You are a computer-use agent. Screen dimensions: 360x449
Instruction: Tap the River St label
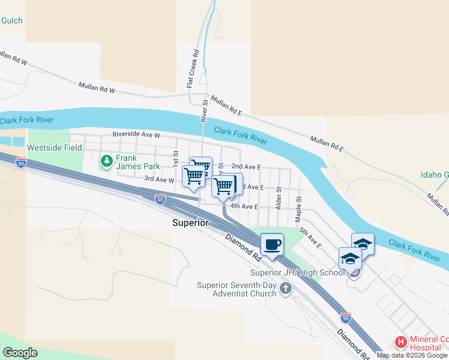pos(204,111)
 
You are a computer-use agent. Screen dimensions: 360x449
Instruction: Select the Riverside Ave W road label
pos(136,135)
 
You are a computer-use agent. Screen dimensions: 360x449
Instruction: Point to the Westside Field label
pos(55,148)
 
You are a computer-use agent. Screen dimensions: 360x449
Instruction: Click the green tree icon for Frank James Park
pos(107,160)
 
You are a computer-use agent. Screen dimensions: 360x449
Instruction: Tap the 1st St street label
pos(176,159)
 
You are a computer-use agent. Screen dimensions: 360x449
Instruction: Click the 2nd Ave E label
pos(246,166)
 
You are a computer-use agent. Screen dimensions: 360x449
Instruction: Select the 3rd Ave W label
pos(159,179)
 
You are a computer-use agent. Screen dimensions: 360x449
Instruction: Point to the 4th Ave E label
pos(244,206)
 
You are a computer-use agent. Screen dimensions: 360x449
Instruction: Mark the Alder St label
pos(279,197)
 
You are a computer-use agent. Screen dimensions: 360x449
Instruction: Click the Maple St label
pos(298,206)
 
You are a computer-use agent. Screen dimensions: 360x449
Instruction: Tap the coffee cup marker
pos(273,245)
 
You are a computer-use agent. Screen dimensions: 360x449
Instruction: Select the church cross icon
pos(286,288)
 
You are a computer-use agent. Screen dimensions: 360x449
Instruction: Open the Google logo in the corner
pos(20,353)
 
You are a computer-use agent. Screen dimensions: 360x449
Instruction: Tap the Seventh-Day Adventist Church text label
pos(237,289)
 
